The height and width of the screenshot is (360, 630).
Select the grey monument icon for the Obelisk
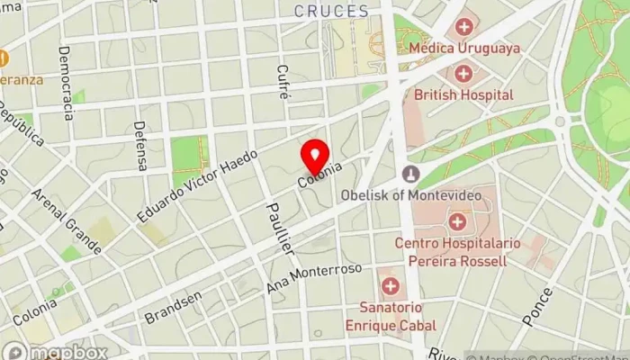(411, 173)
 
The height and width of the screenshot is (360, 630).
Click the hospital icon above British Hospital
(463, 73)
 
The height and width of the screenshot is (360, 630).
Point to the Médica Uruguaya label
(465, 49)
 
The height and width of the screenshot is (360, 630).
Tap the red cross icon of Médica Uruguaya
(463, 27)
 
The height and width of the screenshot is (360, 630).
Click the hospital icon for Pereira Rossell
(458, 220)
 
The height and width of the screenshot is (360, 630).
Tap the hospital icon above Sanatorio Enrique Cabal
(391, 287)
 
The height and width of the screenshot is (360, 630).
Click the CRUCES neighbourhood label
(332, 12)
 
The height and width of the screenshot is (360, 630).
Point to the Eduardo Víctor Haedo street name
(197, 186)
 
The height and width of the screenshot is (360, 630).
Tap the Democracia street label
(66, 84)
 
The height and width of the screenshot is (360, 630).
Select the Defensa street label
(139, 146)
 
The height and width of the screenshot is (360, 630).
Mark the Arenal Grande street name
(66, 220)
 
